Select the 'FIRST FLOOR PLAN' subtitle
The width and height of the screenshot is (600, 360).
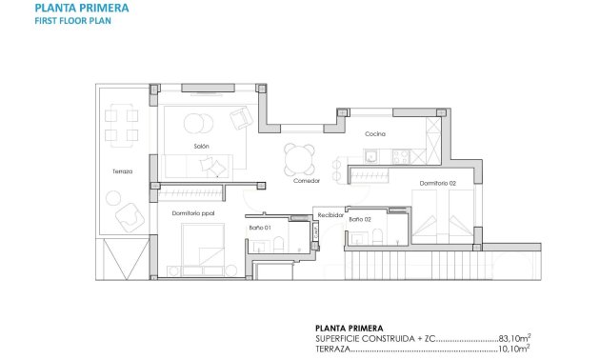pos(67,21)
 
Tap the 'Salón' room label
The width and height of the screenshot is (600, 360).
pos(201,146)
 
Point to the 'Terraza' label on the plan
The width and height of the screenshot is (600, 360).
pos(121,171)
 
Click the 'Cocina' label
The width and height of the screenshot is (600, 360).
pos(375,133)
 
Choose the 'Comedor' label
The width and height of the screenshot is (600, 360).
pos(306,179)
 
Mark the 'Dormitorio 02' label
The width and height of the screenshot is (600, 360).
pos(438,182)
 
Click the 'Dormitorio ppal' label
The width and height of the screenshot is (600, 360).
pos(193,212)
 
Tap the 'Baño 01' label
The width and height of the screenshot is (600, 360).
pos(261,228)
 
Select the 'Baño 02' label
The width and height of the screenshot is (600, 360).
pos(360,220)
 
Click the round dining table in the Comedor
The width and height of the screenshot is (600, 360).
pos(298,157)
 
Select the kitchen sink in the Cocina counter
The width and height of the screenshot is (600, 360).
pos(374,154)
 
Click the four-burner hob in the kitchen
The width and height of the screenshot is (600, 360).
pos(405,154)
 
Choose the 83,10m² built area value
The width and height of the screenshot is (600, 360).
pos(513,337)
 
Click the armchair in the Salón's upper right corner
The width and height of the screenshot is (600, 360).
pos(241,119)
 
